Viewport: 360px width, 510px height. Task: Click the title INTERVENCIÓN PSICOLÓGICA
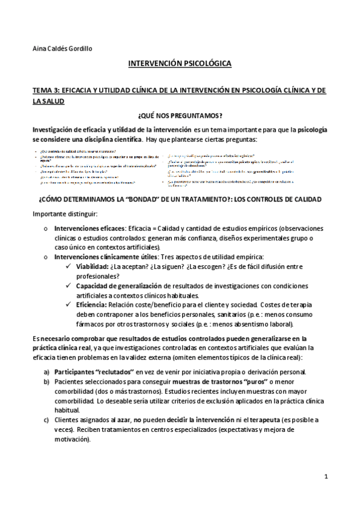(x=180, y=63)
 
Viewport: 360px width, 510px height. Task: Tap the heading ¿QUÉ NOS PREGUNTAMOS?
(x=180, y=115)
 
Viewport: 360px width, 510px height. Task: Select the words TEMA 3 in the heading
(x=47, y=90)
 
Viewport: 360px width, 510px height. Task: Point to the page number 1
(x=325, y=476)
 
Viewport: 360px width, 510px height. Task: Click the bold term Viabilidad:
(x=92, y=266)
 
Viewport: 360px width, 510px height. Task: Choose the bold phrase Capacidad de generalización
(x=118, y=286)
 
